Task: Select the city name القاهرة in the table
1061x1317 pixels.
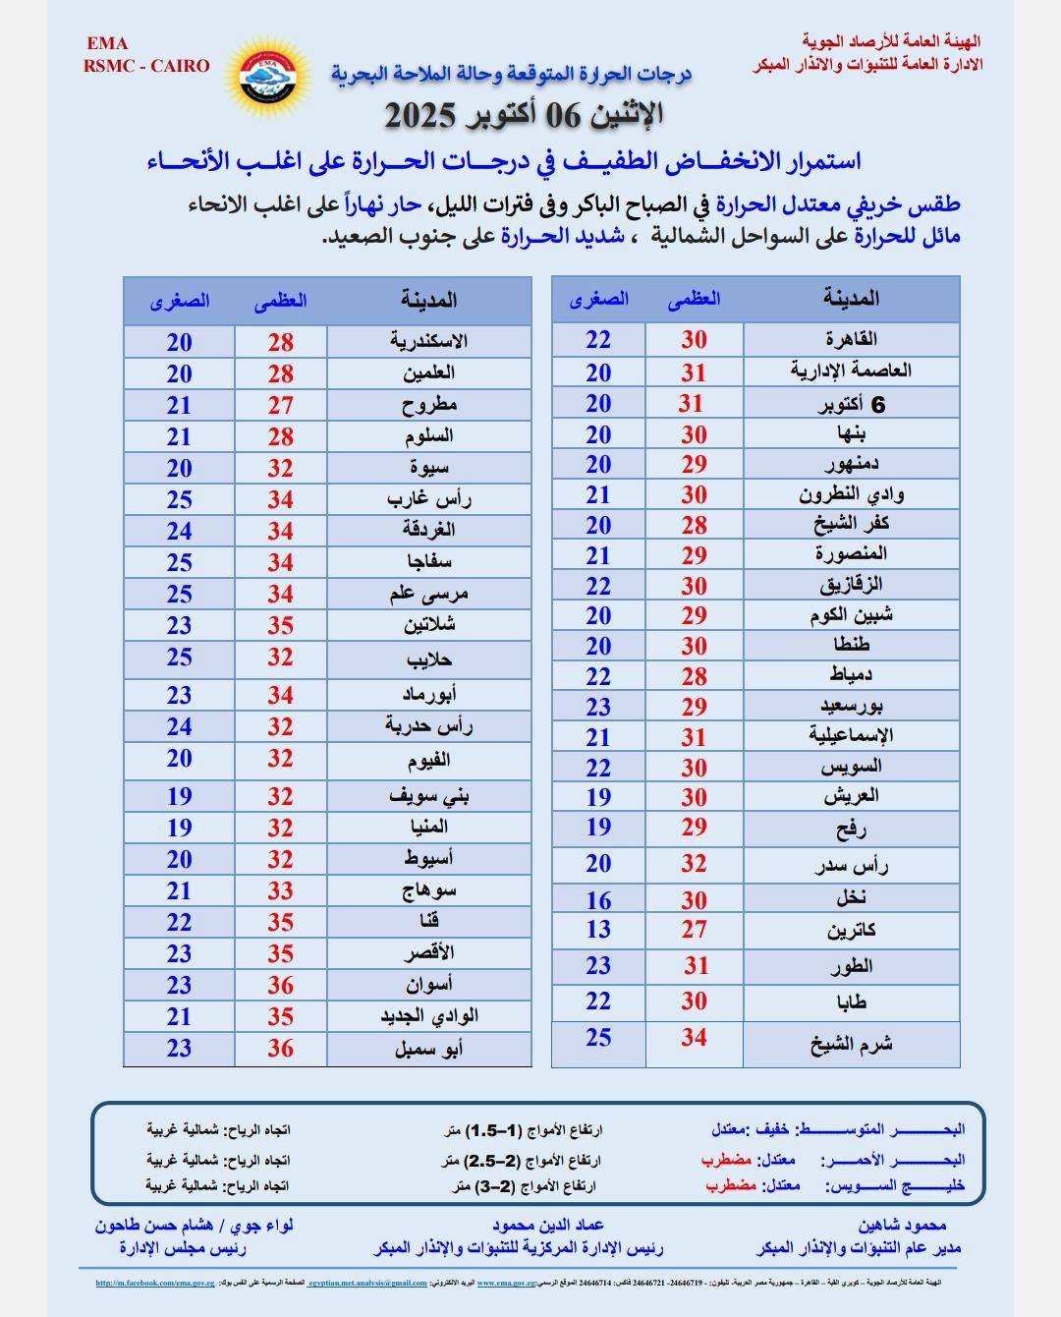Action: point(851,339)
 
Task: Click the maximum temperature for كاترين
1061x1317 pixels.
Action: point(695,930)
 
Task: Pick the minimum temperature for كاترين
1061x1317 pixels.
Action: point(598,930)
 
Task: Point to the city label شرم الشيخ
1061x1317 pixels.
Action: point(851,1045)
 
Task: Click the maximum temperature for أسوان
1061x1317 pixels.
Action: point(281,985)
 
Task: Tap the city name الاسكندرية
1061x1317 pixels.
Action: point(428,341)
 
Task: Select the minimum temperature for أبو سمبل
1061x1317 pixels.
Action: point(179,1048)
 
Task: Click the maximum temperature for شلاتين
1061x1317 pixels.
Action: point(281,626)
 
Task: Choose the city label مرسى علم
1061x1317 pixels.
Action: point(428,594)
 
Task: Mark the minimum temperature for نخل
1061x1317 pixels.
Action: point(598,900)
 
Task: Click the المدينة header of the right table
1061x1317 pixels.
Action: point(851,299)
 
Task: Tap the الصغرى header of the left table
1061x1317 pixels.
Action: point(179,302)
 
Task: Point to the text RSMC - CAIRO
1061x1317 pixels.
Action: point(146,66)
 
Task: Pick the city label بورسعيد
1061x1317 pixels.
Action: point(851,707)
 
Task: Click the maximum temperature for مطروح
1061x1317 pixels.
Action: point(281,405)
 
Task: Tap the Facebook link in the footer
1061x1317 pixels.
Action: point(154,1283)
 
